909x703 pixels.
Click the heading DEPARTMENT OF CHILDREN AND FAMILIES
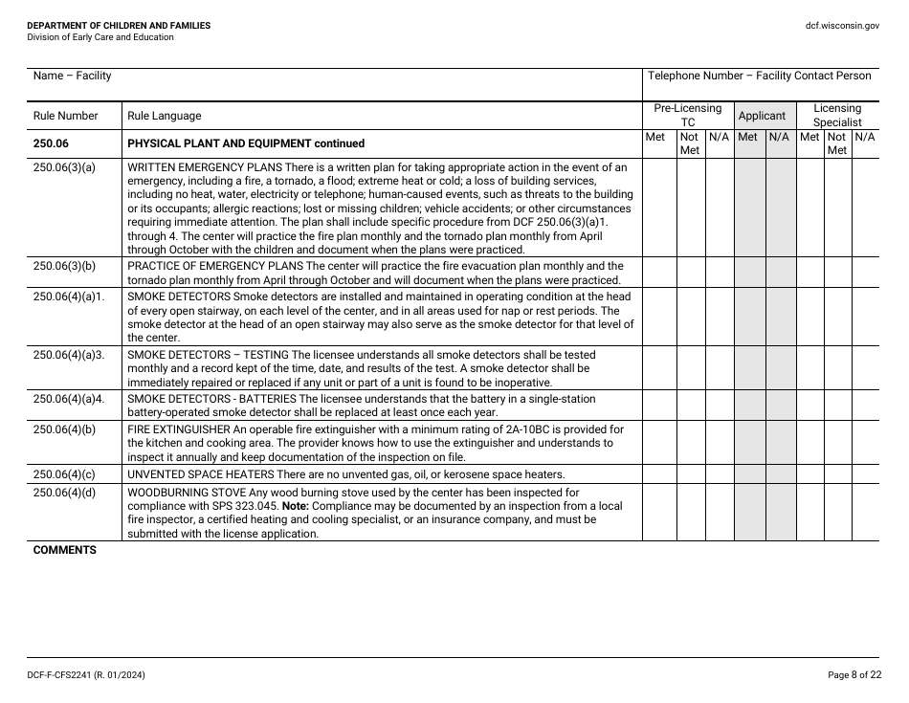pyautogui.click(x=119, y=26)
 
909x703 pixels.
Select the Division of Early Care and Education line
pyautogui.click(x=100, y=37)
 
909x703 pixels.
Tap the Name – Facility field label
pyautogui.click(x=72, y=76)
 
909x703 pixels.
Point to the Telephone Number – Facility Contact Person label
pyautogui.click(x=759, y=76)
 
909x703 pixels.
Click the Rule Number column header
pyautogui.click(x=65, y=116)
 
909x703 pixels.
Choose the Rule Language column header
pyautogui.click(x=164, y=116)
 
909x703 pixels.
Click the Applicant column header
pyautogui.click(x=762, y=116)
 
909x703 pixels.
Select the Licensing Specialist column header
pyautogui.click(x=837, y=115)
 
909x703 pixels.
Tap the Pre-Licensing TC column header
pyautogui.click(x=687, y=115)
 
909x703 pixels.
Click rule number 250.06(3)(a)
pyautogui.click(x=64, y=167)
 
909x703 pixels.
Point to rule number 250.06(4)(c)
pyautogui.click(x=64, y=474)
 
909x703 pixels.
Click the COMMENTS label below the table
pyautogui.click(x=65, y=550)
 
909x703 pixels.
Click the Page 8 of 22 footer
pyautogui.click(x=854, y=675)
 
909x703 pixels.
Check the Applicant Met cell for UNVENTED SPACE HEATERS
pyautogui.click(x=749, y=474)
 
